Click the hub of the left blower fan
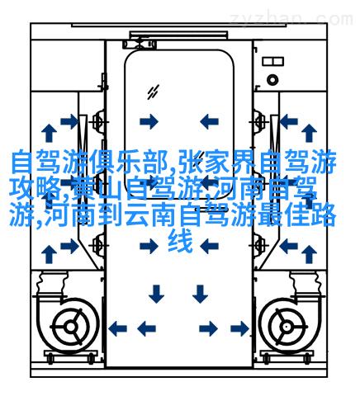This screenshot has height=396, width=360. point(71,327)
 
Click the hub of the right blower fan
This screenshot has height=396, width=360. point(287,327)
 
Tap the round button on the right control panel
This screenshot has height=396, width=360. point(272,80)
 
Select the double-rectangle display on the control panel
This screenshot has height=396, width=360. point(272,61)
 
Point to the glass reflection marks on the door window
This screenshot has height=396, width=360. point(153,92)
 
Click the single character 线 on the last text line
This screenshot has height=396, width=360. point(180,241)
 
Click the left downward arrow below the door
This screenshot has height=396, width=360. point(156,294)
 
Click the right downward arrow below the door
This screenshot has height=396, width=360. point(200,294)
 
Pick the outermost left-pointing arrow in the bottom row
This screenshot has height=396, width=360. point(117,328)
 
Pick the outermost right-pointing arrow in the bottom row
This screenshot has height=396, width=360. point(239,328)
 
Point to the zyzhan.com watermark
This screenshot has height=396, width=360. point(291,19)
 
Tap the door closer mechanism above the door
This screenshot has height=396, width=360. point(140,44)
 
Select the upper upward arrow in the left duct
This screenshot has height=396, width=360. point(49,133)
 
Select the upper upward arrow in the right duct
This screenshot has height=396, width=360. point(309,133)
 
